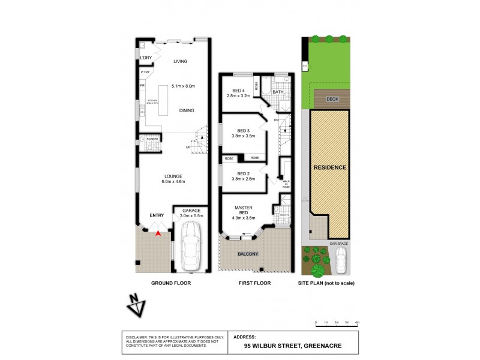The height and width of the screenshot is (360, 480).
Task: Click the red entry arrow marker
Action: click(157, 233)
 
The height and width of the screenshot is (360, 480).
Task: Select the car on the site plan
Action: click(341, 260)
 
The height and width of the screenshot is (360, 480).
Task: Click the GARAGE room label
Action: click(191, 211)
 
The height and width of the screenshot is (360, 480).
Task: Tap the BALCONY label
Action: click(248, 254)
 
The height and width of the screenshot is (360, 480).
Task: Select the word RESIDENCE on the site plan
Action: click(329, 167)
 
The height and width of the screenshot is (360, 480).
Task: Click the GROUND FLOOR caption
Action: click(172, 283)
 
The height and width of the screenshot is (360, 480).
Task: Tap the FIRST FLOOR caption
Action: click(254, 283)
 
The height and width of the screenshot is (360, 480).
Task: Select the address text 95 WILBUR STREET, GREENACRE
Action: click(284, 346)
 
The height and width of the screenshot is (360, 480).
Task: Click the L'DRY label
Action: click(146, 58)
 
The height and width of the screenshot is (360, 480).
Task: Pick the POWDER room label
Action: click(152, 139)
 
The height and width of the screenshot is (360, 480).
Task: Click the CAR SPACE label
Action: click(338, 244)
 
